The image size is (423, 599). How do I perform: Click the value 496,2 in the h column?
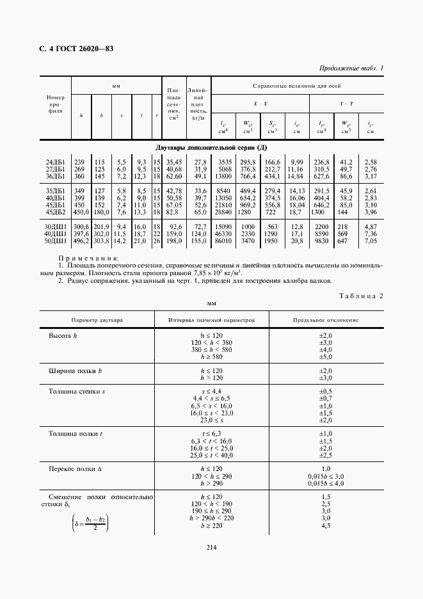pos(81,242)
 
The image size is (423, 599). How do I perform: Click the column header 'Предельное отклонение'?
pos(326,319)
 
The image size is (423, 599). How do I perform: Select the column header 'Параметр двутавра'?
pos(98,319)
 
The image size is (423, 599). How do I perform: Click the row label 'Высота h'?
pos(63,335)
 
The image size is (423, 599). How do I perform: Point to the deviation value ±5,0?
pos(326,357)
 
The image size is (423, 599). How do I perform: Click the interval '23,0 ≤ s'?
pos(211,420)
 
